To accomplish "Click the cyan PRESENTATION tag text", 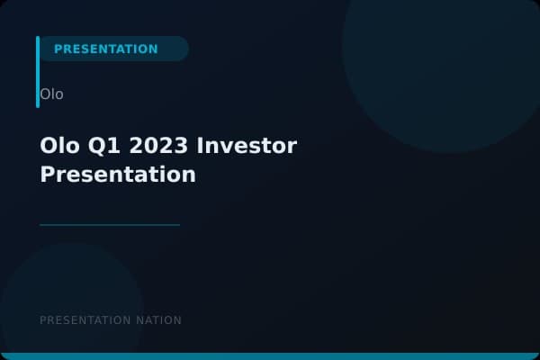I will point(105,49).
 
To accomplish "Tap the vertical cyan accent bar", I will point(38,72).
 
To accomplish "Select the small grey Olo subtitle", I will point(51,94).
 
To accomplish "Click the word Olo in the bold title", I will point(58,145).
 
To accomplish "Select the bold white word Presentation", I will point(117,174).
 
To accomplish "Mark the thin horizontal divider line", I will point(110,225).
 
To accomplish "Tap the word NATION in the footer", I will point(160,320).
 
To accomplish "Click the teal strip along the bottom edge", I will point(270,356).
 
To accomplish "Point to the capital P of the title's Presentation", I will point(47,174).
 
